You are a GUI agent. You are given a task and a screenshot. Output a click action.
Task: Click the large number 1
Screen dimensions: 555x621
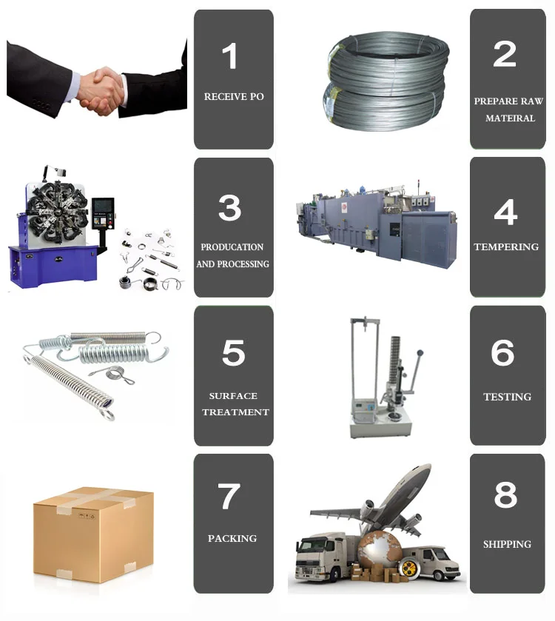pos(230,56)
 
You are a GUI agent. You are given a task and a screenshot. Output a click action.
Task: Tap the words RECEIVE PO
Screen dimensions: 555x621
pos(234,97)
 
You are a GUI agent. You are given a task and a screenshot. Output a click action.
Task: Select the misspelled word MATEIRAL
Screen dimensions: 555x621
pos(510,118)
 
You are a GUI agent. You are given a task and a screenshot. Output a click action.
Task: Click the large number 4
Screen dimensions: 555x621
pos(505,212)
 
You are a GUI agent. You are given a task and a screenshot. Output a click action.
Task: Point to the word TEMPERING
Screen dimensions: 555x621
pos(506,246)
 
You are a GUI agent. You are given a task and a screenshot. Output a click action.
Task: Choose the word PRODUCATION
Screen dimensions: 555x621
pos(232,247)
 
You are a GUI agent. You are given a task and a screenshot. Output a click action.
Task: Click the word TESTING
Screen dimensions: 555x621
pos(507,397)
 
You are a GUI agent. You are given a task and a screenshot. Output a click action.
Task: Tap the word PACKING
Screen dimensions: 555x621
pos(232,538)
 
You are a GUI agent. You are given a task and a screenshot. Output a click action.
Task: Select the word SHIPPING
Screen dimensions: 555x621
pos(507,544)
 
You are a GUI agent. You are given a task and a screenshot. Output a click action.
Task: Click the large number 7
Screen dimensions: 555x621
pos(229,496)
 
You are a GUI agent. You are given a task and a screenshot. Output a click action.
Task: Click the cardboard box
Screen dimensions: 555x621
pos(93,535)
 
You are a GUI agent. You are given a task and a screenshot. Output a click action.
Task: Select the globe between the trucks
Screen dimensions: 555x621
pos(379,551)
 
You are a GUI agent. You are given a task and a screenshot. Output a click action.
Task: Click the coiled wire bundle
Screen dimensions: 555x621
pos(387,81)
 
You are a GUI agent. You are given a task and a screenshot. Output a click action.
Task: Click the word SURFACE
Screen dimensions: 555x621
pos(233,396)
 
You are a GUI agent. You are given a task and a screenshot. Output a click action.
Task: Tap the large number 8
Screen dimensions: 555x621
pos(505,494)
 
